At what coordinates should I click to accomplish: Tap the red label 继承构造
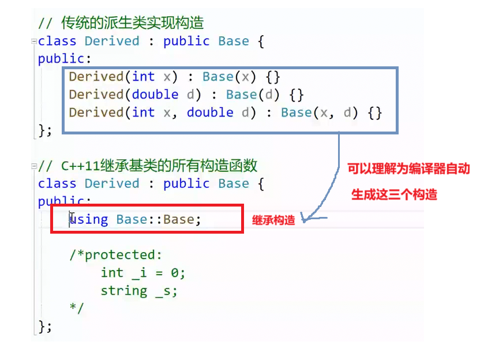click(273, 220)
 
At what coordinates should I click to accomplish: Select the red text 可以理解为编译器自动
click(408, 169)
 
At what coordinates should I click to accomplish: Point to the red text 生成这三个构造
click(394, 194)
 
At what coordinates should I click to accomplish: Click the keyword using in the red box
click(89, 219)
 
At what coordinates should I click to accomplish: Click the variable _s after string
click(166, 290)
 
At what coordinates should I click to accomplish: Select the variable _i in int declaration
click(140, 273)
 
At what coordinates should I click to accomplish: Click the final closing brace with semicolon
click(45, 326)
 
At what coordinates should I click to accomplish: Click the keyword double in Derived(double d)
click(155, 94)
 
